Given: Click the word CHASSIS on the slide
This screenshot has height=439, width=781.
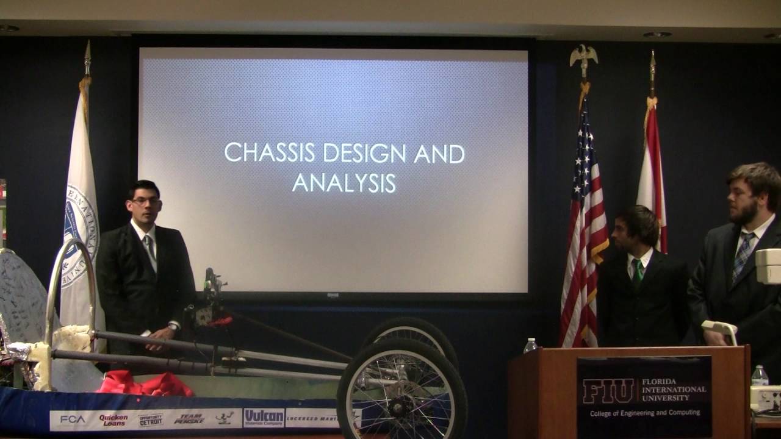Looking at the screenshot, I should [269, 152].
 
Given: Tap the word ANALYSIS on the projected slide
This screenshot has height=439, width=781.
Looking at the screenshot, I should [344, 182].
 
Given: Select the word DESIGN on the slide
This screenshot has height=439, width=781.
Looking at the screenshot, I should [364, 152].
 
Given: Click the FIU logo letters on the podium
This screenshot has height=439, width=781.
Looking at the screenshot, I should [607, 391].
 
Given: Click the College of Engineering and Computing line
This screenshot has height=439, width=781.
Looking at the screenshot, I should [644, 413].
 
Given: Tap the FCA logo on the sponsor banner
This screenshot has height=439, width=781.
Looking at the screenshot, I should [72, 419].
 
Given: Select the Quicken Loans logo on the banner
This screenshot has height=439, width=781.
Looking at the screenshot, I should [113, 419].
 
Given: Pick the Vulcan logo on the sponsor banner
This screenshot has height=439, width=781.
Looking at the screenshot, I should [264, 418].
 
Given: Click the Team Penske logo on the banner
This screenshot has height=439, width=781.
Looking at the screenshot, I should [189, 419].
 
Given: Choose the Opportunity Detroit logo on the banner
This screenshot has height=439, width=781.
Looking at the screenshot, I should [151, 419].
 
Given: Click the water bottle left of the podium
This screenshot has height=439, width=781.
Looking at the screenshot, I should [530, 346].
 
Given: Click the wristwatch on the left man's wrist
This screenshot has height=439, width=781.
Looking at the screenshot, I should [173, 327].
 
